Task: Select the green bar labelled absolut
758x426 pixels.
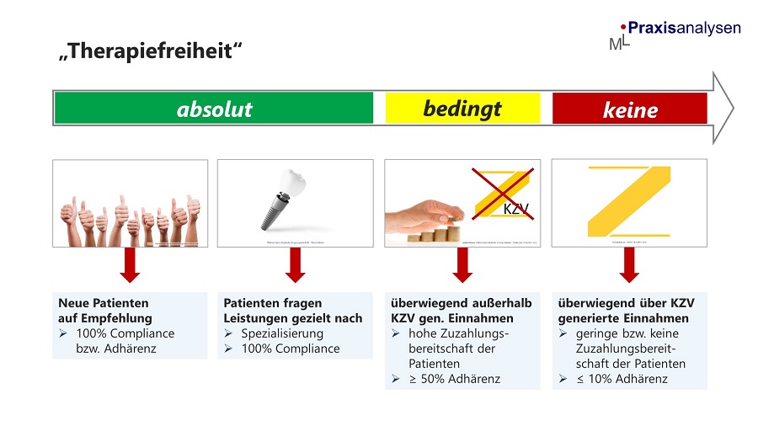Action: coord(214,109)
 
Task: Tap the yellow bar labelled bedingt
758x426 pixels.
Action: coord(462,108)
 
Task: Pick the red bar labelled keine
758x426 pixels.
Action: coord(629,109)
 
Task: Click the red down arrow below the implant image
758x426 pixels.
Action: coord(295,266)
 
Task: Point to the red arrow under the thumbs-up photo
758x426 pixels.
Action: coord(130,266)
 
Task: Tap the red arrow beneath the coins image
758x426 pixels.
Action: coord(462,266)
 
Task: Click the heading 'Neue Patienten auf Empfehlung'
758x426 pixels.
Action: coord(105,311)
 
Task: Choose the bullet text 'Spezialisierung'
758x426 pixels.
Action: coord(282,333)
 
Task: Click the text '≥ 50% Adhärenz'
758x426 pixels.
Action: coord(454,379)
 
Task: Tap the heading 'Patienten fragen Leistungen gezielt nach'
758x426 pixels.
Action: coord(293,311)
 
